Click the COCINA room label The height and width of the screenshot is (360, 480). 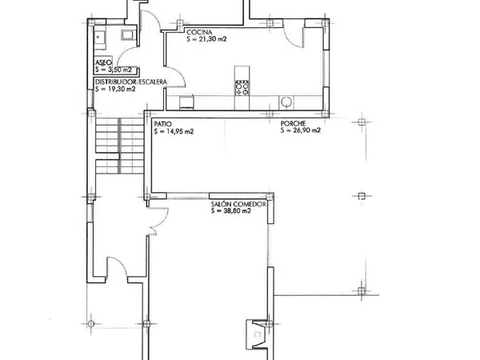coord(199,32)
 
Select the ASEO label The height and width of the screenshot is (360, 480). coord(103,62)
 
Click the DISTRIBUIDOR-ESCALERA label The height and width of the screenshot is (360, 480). coord(131,82)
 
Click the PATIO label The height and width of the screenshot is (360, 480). coord(163,124)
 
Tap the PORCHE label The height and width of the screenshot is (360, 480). coord(293,123)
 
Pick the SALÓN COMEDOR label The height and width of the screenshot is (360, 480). coord(238,204)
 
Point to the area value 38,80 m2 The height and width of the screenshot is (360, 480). coord(236,211)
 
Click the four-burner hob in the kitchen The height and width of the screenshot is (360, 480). coord(242,88)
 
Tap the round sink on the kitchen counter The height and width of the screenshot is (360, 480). coord(286,102)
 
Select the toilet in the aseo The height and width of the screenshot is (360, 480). coord(127,35)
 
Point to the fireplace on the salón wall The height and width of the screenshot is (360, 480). coord(257,334)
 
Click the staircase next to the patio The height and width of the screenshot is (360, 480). coord(119,146)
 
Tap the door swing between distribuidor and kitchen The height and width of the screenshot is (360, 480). coord(176,77)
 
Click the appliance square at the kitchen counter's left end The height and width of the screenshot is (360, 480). coord(186,102)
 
